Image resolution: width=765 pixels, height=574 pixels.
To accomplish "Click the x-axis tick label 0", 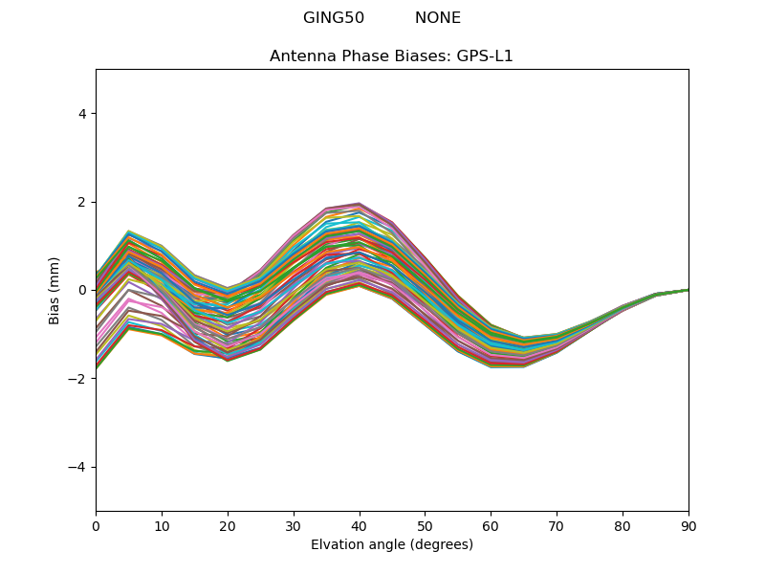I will [96, 525].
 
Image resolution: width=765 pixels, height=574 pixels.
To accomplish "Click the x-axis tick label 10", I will [162, 525].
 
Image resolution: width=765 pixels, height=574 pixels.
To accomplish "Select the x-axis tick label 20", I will [228, 525].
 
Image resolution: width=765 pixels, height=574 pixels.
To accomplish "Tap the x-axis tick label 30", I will [294, 525].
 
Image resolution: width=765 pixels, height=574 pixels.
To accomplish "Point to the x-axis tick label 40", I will [360, 525].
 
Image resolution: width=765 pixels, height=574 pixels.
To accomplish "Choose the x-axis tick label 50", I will [425, 525].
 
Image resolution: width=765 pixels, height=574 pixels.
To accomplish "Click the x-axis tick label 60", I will [491, 525].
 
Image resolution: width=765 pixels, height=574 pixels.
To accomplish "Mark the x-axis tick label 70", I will [557, 525].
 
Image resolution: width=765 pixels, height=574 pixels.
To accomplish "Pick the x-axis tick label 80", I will [623, 525].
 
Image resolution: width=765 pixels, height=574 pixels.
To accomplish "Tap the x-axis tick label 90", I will [688, 525].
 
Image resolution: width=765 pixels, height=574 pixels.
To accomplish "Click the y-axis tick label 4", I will [82, 114].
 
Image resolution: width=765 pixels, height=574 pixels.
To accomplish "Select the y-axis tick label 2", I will [82, 202].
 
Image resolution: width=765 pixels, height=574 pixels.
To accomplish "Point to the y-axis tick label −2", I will [78, 379].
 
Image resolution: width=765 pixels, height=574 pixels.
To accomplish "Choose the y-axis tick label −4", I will [78, 467].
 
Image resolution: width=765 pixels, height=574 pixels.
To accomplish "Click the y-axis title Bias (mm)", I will [55, 290].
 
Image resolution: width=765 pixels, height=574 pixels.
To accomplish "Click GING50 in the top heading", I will [334, 18].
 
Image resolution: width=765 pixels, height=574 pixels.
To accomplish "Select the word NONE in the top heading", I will [438, 18].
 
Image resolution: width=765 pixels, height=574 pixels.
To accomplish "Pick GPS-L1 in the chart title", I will [485, 56].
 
